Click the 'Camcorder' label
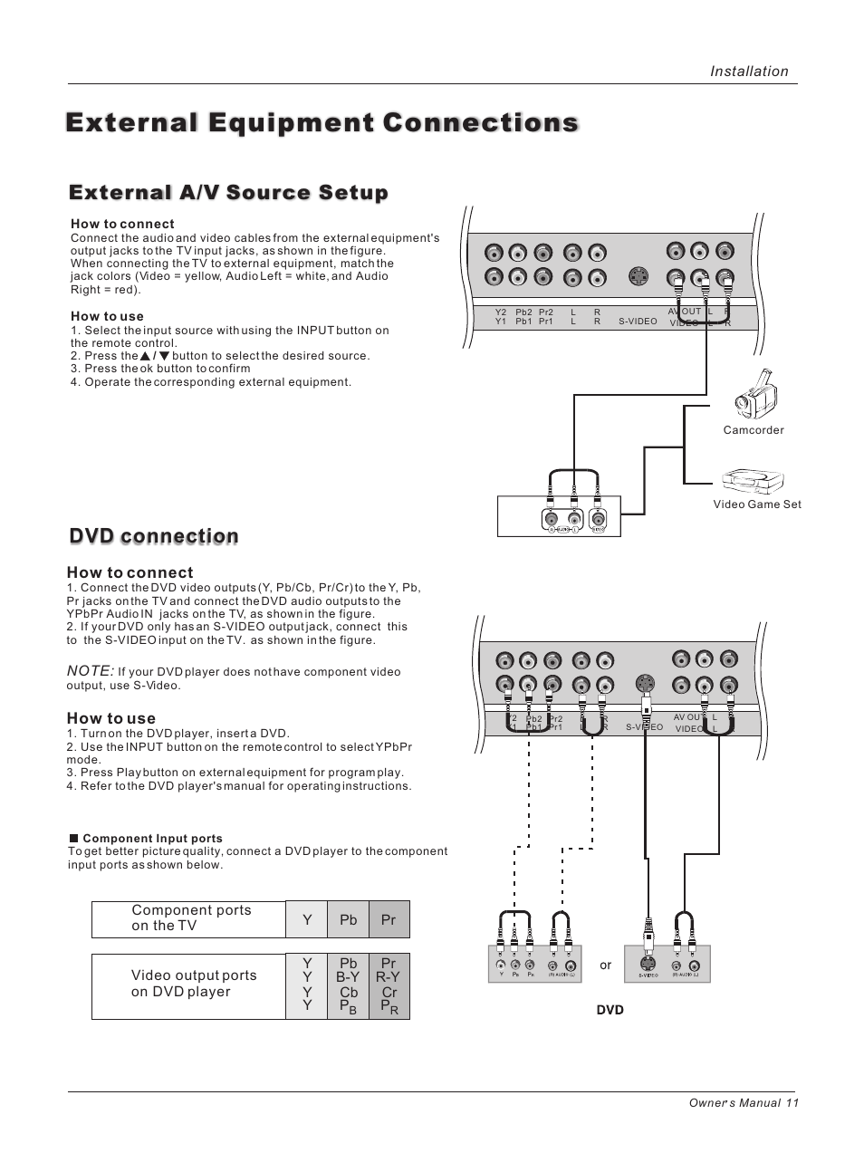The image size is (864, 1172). [x=754, y=430]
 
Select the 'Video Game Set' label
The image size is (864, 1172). [x=757, y=504]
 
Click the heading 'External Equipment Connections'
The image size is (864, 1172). [x=322, y=122]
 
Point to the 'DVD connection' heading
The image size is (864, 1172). [x=154, y=536]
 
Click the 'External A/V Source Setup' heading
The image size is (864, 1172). [x=228, y=193]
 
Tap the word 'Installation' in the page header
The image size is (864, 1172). [x=749, y=72]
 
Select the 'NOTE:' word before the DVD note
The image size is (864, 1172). [x=90, y=671]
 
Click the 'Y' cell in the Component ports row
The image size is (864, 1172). [x=307, y=919]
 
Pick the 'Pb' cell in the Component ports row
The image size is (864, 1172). [x=349, y=919]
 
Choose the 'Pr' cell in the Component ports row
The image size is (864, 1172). [x=389, y=919]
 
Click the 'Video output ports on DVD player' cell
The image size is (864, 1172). [x=194, y=984]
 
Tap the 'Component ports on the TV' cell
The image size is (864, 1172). [x=191, y=917]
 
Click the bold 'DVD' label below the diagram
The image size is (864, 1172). [x=610, y=1010]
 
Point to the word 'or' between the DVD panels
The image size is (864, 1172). [x=606, y=965]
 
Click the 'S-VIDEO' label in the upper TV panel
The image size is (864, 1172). [x=638, y=322]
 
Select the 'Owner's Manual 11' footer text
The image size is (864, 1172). [x=744, y=1102]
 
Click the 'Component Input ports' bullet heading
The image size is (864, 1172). [x=152, y=839]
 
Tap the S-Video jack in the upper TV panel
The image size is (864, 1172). [x=638, y=276]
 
